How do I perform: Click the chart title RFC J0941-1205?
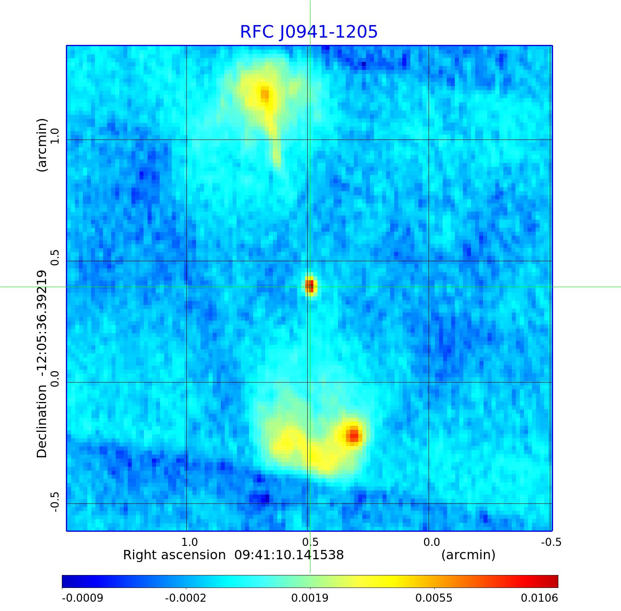click(309, 32)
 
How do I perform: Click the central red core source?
click(309, 285)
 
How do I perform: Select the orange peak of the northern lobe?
click(264, 94)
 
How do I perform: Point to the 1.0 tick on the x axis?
click(189, 542)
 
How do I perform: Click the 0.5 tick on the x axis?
click(310, 542)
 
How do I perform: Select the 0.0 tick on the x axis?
click(431, 542)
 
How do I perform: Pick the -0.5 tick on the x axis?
click(551, 542)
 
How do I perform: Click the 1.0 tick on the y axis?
click(55, 136)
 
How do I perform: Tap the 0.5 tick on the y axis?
click(55, 258)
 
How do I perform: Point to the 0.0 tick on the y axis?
click(55, 379)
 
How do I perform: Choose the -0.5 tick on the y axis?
click(55, 502)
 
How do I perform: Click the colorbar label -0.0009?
click(82, 598)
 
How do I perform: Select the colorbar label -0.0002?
click(186, 598)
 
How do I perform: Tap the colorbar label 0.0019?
click(310, 598)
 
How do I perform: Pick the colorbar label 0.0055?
click(434, 598)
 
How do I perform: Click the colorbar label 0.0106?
click(539, 598)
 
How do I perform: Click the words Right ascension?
click(174, 555)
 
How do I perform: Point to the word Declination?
click(42, 421)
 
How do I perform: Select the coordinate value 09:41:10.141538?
click(289, 555)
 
